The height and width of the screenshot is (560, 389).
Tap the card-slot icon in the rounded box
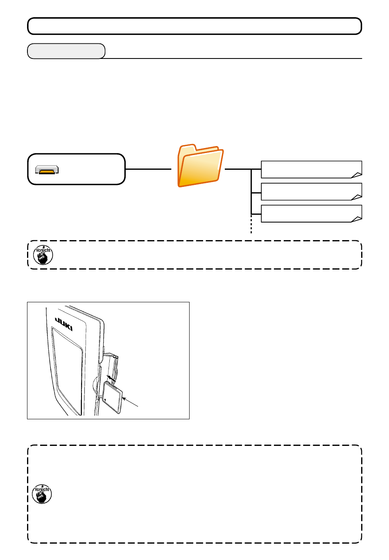click(x=47, y=169)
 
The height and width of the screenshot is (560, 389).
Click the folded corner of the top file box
click(x=357, y=175)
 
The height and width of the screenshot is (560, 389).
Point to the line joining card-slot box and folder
click(x=148, y=169)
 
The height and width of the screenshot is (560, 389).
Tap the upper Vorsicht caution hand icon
click(x=43, y=255)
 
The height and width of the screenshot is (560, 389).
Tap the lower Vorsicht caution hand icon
click(x=42, y=494)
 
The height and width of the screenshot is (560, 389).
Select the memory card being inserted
click(x=112, y=397)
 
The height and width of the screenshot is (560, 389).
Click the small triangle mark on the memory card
click(x=106, y=400)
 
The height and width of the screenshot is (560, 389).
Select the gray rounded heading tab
click(x=66, y=51)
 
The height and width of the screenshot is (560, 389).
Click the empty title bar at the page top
click(x=194, y=26)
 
